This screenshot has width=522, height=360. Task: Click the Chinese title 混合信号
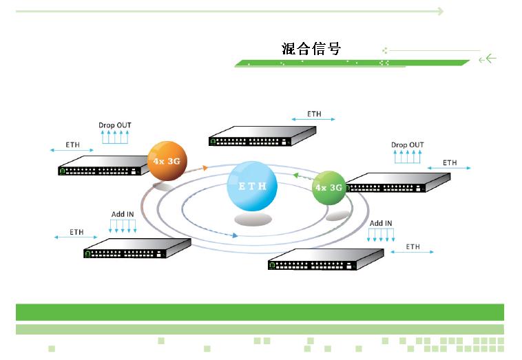[x=311, y=48]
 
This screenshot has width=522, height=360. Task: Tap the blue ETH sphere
[x=252, y=186]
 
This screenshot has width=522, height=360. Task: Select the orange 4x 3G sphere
[x=167, y=161]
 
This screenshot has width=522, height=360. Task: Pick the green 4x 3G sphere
[x=328, y=187]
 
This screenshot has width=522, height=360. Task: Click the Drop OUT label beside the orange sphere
[x=115, y=125]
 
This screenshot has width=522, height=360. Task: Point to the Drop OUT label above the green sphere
[x=408, y=145]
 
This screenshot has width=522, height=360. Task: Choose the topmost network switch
[x=262, y=136]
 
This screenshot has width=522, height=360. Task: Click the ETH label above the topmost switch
[x=313, y=114]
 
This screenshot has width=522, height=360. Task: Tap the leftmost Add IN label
[x=123, y=215]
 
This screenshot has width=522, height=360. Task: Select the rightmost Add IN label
[x=381, y=223]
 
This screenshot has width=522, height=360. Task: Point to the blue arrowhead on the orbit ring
[x=236, y=235]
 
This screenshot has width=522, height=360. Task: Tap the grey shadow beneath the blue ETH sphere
[x=252, y=220]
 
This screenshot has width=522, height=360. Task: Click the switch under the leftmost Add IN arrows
[x=136, y=248]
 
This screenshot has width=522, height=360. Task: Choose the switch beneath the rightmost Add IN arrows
[x=325, y=260]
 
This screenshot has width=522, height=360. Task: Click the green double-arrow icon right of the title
[x=488, y=59]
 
